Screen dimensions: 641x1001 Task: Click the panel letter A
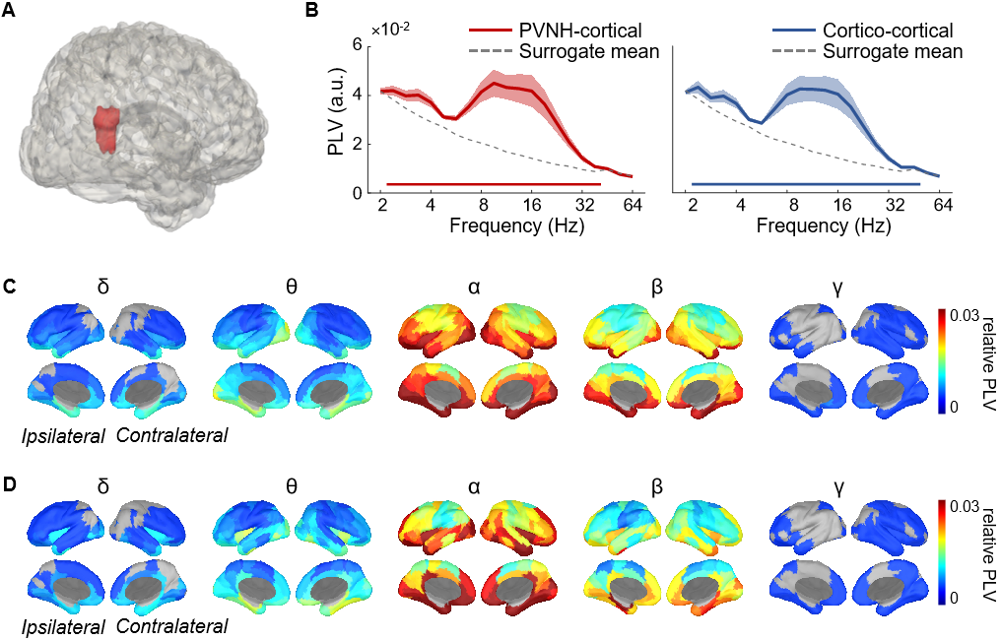(9, 12)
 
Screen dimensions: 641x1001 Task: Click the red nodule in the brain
(105, 130)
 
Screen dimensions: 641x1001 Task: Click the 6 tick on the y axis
(360, 45)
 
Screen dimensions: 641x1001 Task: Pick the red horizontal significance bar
(493, 184)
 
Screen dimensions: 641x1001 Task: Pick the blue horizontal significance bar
(805, 184)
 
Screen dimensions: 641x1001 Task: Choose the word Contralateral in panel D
(171, 625)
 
